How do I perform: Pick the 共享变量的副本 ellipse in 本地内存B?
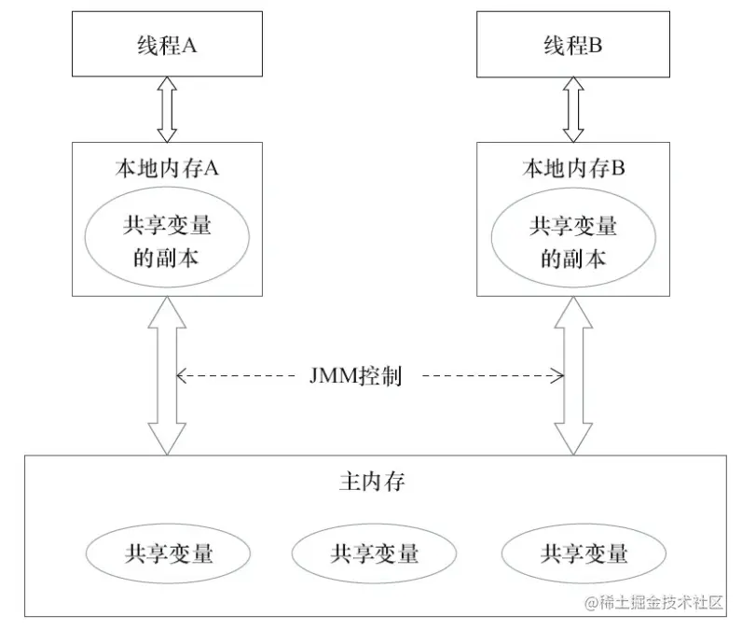coord(572,241)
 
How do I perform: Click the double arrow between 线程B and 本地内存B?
coord(572,108)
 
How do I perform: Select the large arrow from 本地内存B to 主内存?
coord(572,373)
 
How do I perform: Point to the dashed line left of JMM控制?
coord(238,377)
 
